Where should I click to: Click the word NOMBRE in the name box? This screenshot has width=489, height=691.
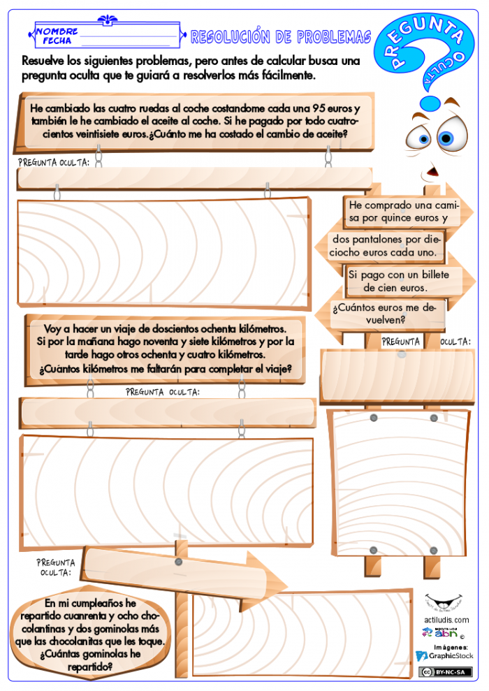tap(57, 31)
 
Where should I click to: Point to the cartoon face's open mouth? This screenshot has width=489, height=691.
tap(432, 170)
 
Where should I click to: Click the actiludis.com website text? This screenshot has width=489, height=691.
tap(446, 620)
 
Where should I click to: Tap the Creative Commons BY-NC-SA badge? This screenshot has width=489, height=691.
tap(446, 672)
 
